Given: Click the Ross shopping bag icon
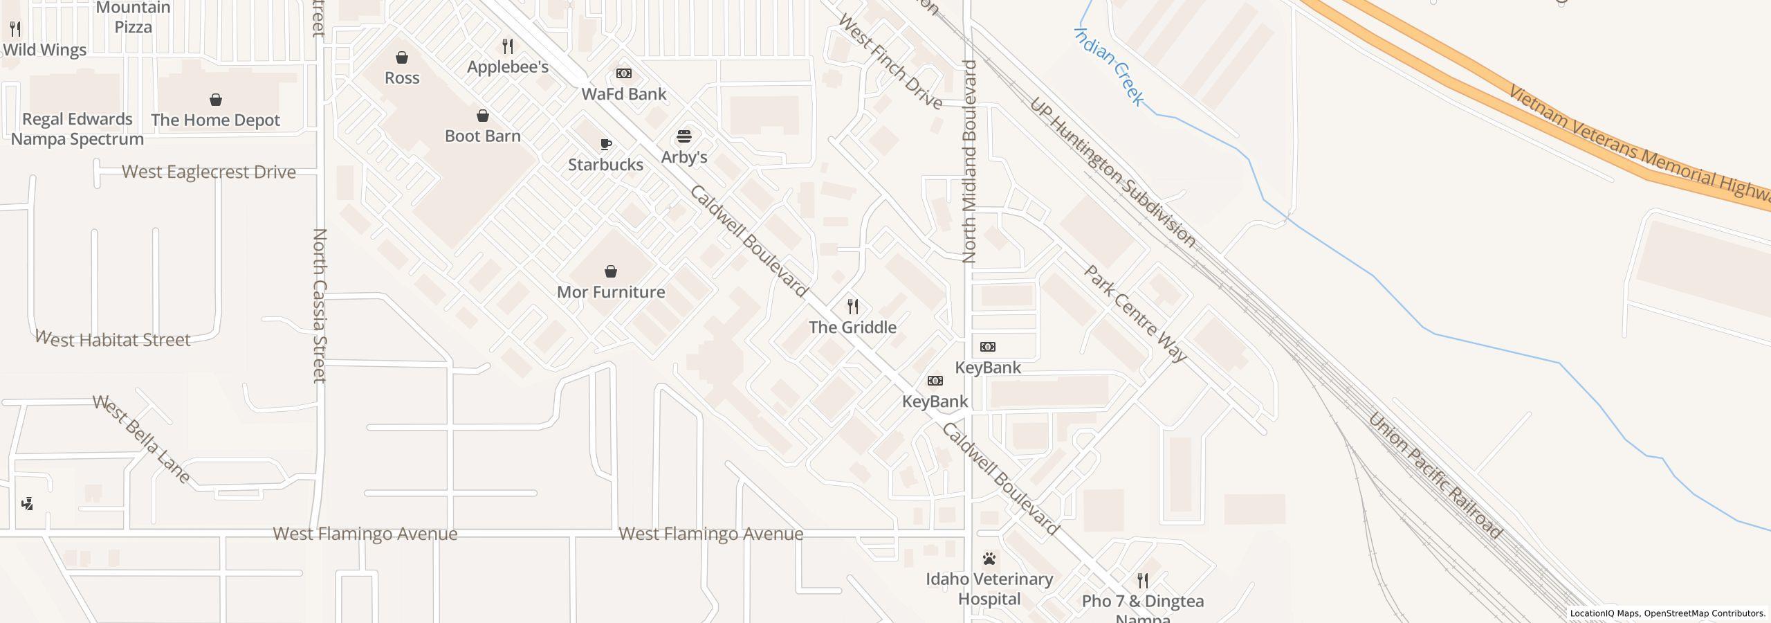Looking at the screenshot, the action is tap(402, 57).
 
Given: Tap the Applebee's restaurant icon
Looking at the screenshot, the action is tap(508, 46).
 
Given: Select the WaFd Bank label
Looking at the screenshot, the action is tap(623, 94).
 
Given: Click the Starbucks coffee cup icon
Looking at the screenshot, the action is tap(606, 145).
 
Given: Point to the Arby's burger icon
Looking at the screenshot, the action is tap(684, 136).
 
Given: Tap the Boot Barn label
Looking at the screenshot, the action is tap(482, 136).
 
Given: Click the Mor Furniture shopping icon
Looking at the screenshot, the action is tap(611, 271).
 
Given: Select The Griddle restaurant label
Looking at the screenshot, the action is tap(852, 327).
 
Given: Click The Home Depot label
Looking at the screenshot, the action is tap(215, 120).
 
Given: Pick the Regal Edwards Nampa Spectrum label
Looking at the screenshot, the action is tap(77, 129).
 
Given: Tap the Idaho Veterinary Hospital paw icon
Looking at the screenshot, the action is tap(989, 559).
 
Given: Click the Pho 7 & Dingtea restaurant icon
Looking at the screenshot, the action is tap(1143, 581).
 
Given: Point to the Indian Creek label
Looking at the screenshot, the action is tap(1108, 66).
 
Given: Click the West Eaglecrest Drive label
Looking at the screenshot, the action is tap(209, 172).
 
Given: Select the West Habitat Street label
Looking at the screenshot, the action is tap(112, 339).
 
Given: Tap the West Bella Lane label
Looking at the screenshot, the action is tap(141, 439).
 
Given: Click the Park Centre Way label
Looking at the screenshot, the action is tap(1135, 314).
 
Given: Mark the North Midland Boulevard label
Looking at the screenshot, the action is tap(969, 161).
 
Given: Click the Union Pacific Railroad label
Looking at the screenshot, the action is tap(1434, 476).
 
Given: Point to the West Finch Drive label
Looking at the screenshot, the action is tap(890, 61).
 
